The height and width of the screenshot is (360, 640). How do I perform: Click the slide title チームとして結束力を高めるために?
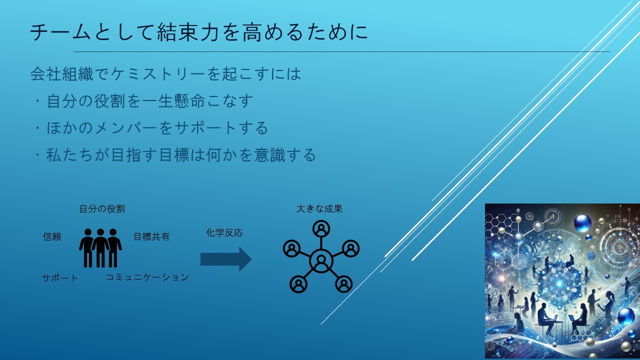199,31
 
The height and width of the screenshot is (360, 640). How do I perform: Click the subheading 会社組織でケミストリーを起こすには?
165,74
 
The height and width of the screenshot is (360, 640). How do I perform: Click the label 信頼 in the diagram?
52,237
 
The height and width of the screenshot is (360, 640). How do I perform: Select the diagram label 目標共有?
151,237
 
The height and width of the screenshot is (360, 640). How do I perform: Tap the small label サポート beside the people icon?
59,278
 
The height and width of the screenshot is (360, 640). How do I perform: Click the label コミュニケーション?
147,277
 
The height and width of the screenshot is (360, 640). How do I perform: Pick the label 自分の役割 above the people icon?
102,209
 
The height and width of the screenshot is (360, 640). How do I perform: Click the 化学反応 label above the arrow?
224,233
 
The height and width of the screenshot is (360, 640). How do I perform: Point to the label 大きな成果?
319,209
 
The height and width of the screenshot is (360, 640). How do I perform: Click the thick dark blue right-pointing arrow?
226,259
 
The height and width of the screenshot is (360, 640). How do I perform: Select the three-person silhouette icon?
100,247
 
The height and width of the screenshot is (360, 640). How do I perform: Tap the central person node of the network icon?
321,261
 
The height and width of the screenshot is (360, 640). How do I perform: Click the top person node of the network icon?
321,229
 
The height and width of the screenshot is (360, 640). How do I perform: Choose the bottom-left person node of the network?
298,284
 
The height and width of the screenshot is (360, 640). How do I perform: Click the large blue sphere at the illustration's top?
582,223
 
